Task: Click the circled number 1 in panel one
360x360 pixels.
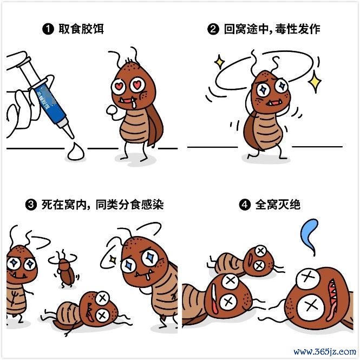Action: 48,29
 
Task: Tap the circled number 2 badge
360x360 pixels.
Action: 213,29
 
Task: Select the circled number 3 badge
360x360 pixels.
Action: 31,205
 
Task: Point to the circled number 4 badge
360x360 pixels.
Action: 245,205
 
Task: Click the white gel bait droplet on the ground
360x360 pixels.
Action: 76,152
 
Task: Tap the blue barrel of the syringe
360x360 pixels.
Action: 51,103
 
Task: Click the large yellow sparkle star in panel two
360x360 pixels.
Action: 315,82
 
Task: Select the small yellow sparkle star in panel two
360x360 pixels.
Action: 219,62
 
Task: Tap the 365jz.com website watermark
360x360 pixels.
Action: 325,351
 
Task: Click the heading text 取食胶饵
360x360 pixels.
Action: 81,29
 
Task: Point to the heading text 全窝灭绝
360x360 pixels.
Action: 278,205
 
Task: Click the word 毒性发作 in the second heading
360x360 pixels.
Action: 298,29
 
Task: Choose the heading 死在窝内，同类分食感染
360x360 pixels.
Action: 102,205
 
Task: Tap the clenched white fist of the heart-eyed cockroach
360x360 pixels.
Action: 112,110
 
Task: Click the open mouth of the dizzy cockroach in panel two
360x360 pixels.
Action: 273,103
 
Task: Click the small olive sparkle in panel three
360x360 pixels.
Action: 113,259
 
